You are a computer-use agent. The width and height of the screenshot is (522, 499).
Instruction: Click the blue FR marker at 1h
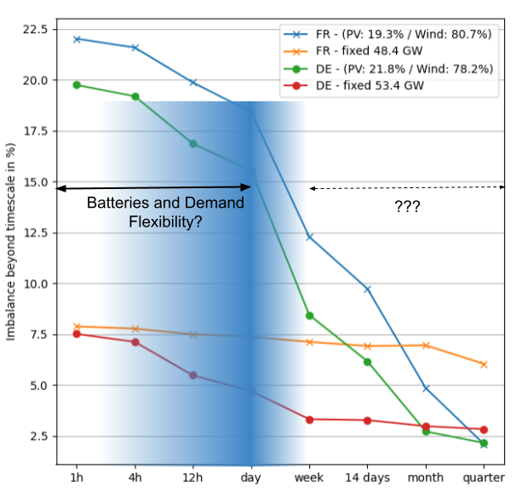point(77,39)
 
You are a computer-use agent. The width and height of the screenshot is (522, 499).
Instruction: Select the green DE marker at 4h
point(135,96)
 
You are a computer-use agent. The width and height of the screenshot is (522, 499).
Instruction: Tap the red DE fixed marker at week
point(310,419)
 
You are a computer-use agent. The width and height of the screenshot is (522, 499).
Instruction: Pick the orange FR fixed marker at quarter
point(484,364)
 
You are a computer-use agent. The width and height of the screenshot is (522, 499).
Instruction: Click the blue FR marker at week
point(310,237)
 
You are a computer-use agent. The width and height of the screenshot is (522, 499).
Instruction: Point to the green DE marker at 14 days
point(368,362)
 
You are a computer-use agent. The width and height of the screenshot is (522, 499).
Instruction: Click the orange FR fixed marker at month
point(426,345)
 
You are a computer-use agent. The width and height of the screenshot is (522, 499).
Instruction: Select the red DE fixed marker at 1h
point(77,334)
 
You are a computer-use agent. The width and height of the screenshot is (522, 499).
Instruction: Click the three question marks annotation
point(407,206)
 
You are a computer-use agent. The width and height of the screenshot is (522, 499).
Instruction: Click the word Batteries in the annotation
point(119,204)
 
